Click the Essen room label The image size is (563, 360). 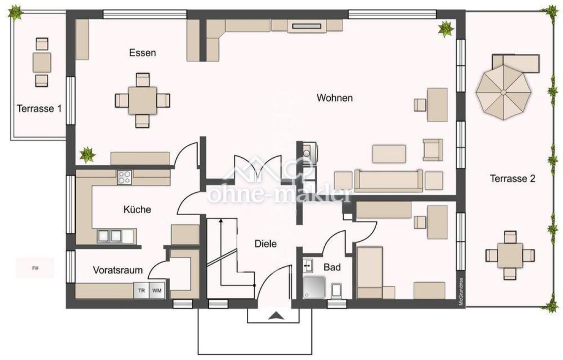[x=142, y=53]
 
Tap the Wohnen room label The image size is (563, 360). [x=335, y=98]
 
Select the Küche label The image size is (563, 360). [x=137, y=209]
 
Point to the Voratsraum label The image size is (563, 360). [x=118, y=270]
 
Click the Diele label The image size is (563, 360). [x=266, y=244]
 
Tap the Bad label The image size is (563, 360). [x=332, y=267]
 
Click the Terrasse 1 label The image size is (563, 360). [x=39, y=109]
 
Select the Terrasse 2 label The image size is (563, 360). [x=513, y=178]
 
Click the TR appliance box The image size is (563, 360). [x=142, y=290]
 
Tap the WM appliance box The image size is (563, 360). [x=157, y=290]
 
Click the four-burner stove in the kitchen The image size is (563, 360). [x=124, y=177]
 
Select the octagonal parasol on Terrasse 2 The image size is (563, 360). [x=503, y=92]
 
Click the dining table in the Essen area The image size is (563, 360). [x=142, y=100]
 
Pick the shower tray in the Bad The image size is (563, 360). [x=314, y=287]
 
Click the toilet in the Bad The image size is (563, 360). [x=336, y=291]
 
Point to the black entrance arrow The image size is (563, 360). [x=276, y=316]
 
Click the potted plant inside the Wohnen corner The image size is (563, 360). [x=446, y=29]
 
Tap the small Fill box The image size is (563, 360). [x=36, y=268]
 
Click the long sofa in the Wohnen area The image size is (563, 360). [x=389, y=181]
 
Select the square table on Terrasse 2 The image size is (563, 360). [x=510, y=256]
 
